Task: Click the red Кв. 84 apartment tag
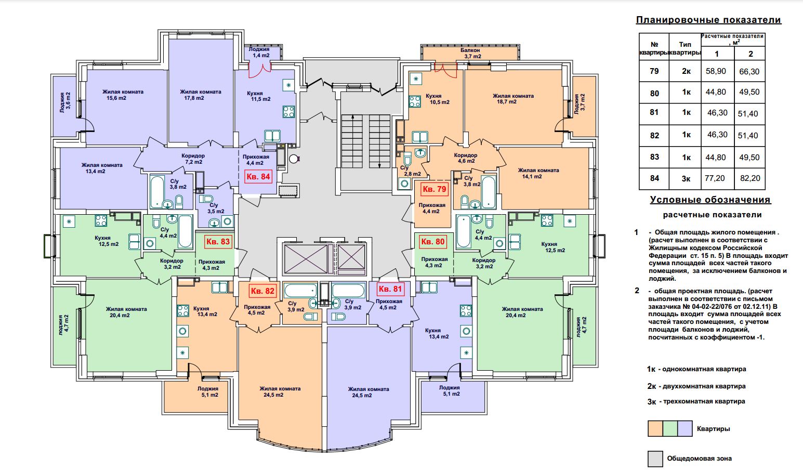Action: point(258,177)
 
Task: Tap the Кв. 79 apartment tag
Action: point(435,189)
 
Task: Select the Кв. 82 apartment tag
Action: point(262,291)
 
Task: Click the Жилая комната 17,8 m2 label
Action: point(201,95)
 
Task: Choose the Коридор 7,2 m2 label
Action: point(193,159)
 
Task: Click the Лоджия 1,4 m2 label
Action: point(259,53)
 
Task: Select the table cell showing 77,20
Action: point(715,178)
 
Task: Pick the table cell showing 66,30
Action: point(749,71)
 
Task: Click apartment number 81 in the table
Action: point(654,112)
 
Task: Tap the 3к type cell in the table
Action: point(686,178)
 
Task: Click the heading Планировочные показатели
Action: point(708,20)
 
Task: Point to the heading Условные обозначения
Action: point(710,200)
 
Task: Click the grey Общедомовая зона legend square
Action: point(655,459)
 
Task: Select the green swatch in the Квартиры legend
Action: point(670,428)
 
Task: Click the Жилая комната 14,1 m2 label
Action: point(538,174)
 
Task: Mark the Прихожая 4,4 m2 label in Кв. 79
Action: point(432,208)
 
